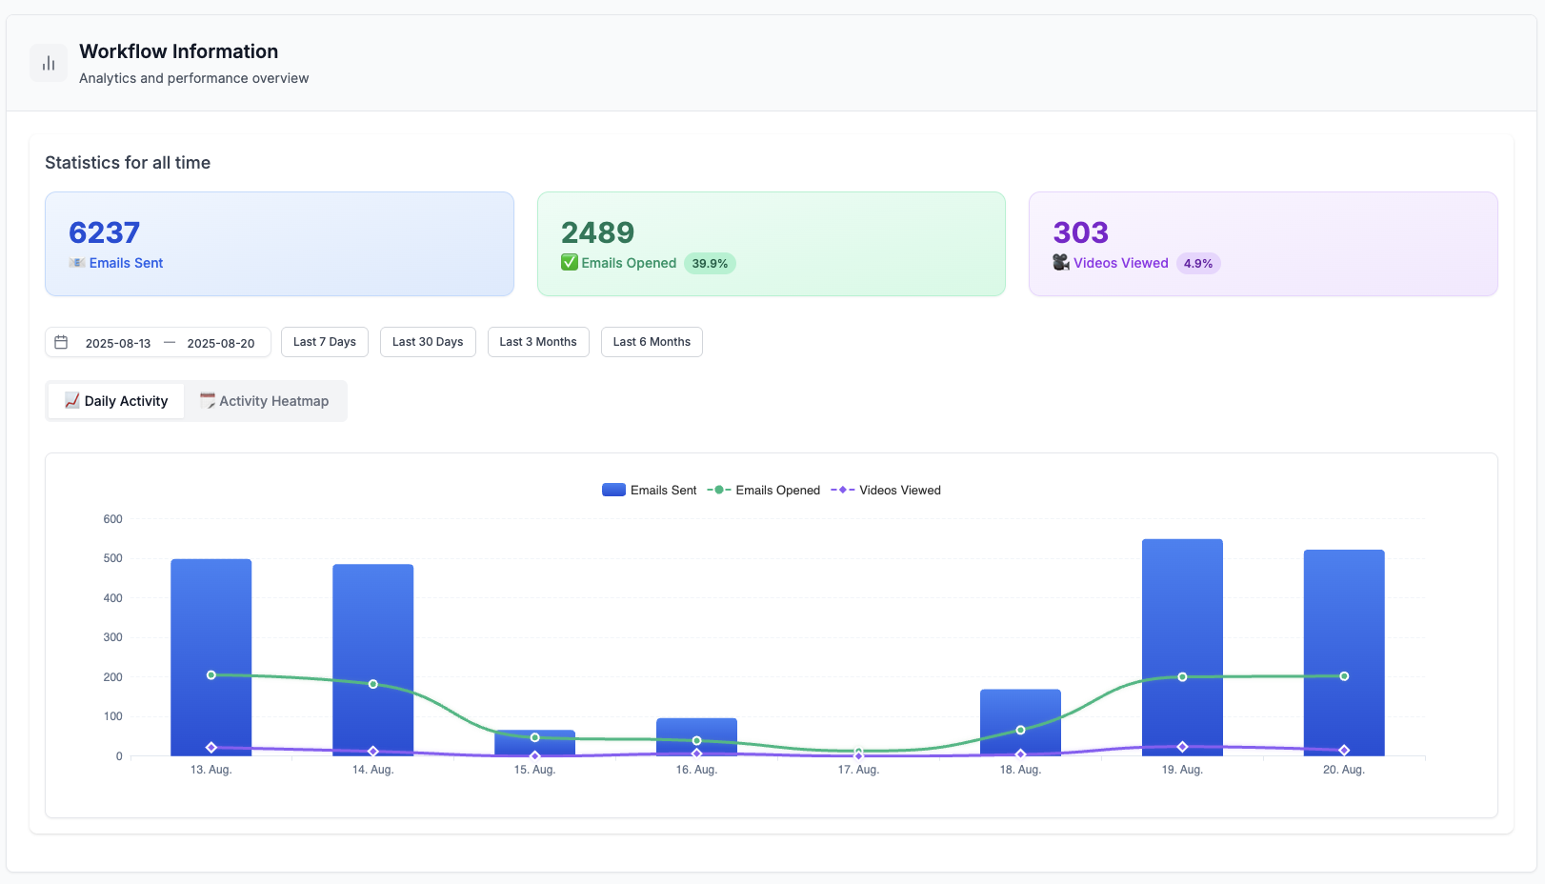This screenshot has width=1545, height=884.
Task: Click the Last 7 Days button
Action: (x=324, y=342)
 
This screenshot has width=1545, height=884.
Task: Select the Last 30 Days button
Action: (x=428, y=342)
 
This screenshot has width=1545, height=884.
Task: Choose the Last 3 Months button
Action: (x=538, y=342)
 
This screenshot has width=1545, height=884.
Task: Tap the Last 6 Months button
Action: (x=652, y=342)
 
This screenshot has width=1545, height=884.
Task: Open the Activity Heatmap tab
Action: (x=265, y=401)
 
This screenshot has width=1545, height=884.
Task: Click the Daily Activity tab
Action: (x=116, y=401)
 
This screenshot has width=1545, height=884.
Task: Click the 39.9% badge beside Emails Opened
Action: (x=710, y=264)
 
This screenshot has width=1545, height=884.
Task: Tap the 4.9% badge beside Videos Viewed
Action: (x=1198, y=264)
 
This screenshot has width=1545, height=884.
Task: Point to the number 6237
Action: (x=105, y=232)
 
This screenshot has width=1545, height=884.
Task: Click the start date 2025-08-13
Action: (x=118, y=343)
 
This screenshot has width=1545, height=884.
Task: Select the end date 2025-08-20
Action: (x=221, y=343)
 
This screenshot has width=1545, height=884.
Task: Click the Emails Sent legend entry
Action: (x=650, y=491)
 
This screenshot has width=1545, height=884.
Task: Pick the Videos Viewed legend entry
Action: (x=886, y=491)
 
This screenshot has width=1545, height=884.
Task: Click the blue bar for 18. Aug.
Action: (x=1020, y=710)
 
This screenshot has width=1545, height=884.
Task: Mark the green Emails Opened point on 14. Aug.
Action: (x=373, y=684)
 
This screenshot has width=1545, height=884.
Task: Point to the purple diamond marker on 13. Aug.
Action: (x=211, y=748)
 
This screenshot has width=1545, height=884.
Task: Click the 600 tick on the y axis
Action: (x=113, y=519)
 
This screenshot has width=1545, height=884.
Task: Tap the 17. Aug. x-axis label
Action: (x=858, y=770)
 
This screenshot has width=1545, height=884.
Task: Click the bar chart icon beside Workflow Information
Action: (x=49, y=63)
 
